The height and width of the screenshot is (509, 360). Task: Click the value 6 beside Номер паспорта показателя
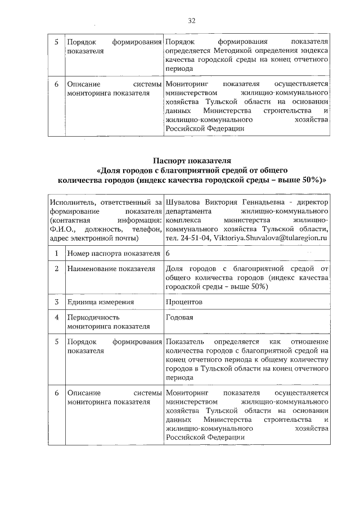(168, 254)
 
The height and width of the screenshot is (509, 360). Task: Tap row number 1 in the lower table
(56, 254)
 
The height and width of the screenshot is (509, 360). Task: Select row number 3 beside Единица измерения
(56, 302)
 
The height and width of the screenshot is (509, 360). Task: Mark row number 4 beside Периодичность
(56, 317)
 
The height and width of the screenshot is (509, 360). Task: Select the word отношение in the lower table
(309, 342)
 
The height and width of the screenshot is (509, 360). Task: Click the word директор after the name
(313, 201)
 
